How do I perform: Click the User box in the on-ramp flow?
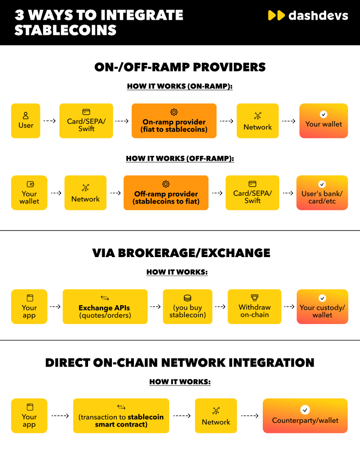click(26, 121)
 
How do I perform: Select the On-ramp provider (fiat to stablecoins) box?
click(174, 121)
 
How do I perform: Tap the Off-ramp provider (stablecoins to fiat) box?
click(166, 192)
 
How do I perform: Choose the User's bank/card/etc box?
click(322, 192)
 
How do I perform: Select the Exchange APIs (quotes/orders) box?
click(105, 307)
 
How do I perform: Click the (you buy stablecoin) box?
click(188, 307)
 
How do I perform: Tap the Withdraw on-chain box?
click(255, 307)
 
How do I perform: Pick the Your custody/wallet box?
click(322, 307)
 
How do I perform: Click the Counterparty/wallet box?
click(305, 416)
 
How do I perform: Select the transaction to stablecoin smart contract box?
click(121, 416)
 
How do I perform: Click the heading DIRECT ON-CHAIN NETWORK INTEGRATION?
click(180, 362)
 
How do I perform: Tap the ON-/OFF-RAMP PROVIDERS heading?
click(180, 67)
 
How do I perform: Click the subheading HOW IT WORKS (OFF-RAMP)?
click(180, 159)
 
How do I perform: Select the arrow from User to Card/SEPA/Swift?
click(50, 121)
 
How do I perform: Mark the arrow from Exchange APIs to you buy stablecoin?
click(155, 307)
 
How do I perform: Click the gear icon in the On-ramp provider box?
click(174, 112)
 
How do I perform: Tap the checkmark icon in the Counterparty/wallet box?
click(305, 410)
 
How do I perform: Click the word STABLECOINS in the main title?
click(66, 30)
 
